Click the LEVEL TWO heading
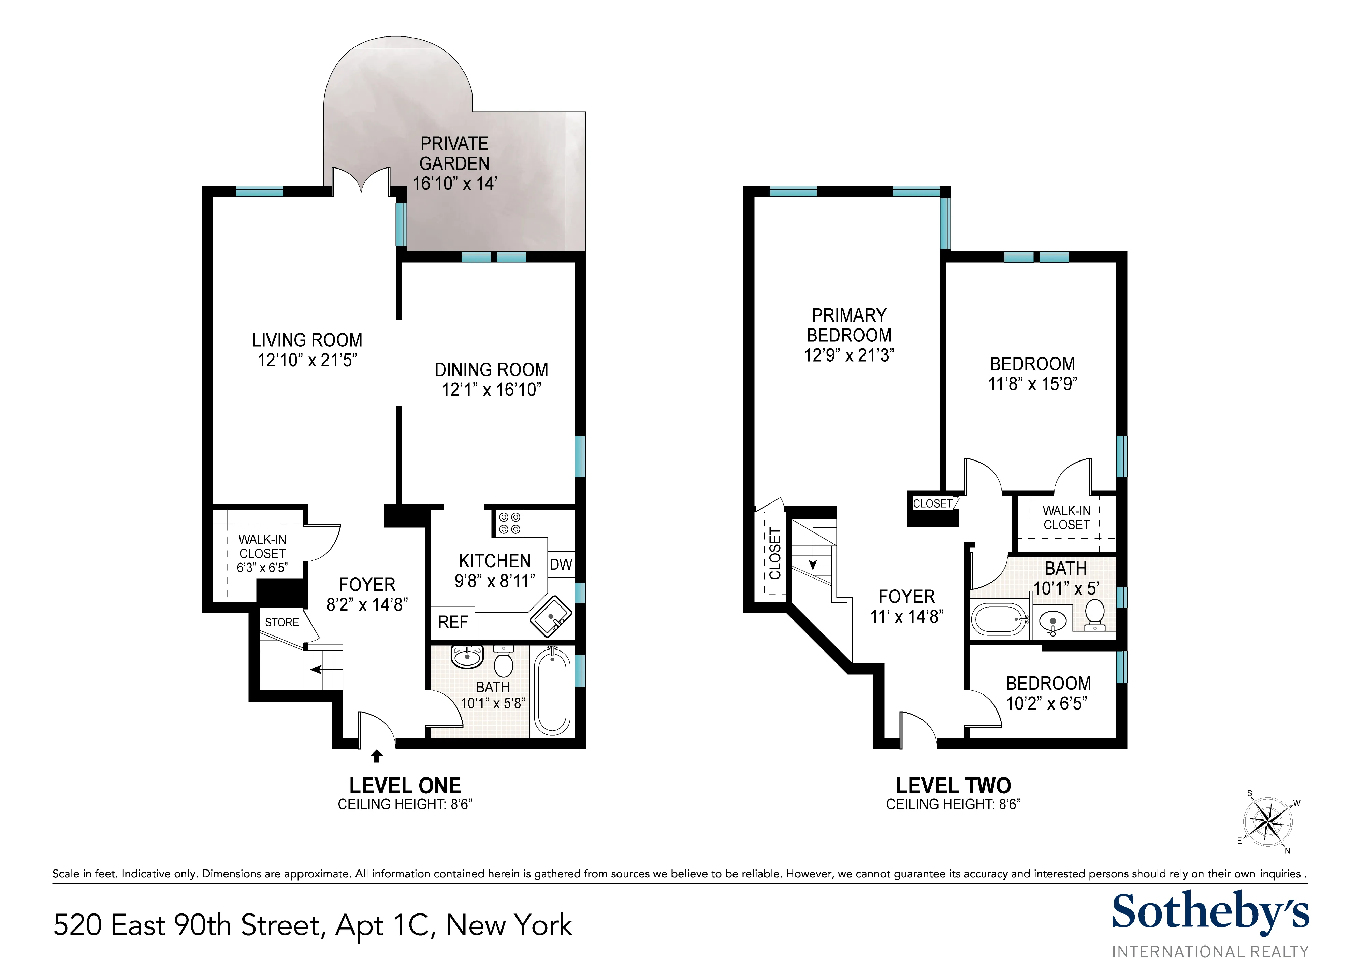953,786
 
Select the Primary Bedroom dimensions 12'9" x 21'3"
849,355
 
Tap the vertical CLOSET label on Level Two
775,553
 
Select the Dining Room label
491,370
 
